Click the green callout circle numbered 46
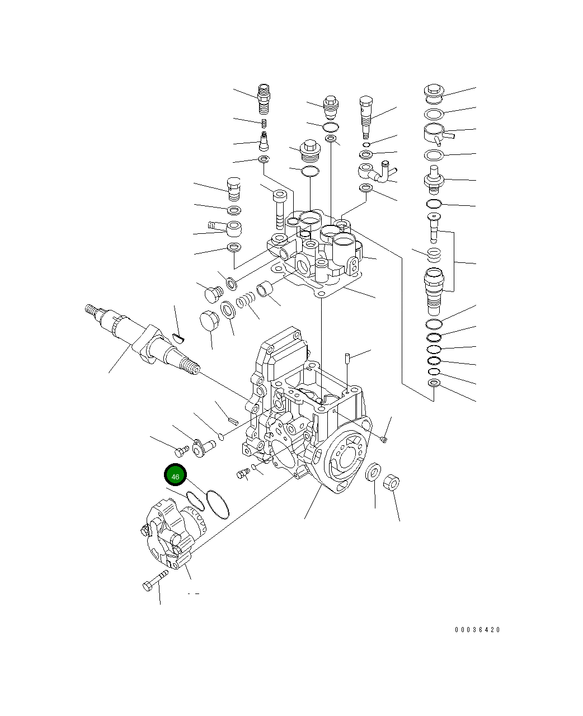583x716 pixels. coord(175,476)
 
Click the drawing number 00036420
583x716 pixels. coord(477,630)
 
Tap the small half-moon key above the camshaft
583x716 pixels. coord(178,336)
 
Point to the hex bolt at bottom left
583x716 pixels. coord(154,583)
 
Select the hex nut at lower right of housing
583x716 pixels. coord(392,483)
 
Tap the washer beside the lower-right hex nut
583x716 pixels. coord(373,472)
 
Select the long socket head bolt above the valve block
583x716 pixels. coord(280,210)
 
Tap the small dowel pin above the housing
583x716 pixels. coord(347,356)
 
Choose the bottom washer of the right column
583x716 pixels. coord(434,383)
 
